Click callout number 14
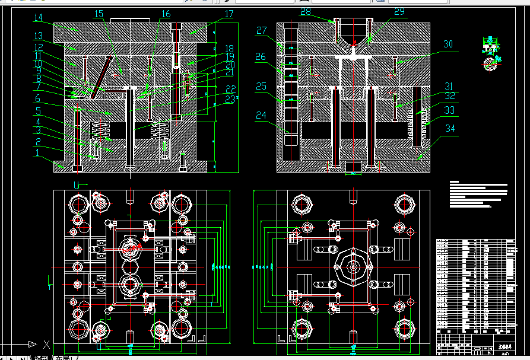click(x=39, y=18)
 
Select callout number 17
click(x=229, y=14)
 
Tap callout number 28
click(x=306, y=11)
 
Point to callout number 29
click(x=399, y=11)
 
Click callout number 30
click(x=448, y=44)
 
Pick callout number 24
click(x=261, y=115)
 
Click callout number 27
click(x=262, y=31)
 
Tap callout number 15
click(x=99, y=14)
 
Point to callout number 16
click(x=166, y=14)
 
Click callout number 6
click(x=37, y=98)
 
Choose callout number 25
click(x=261, y=87)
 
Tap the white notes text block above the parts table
click(x=478, y=195)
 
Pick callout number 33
click(x=449, y=110)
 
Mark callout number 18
click(x=229, y=49)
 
